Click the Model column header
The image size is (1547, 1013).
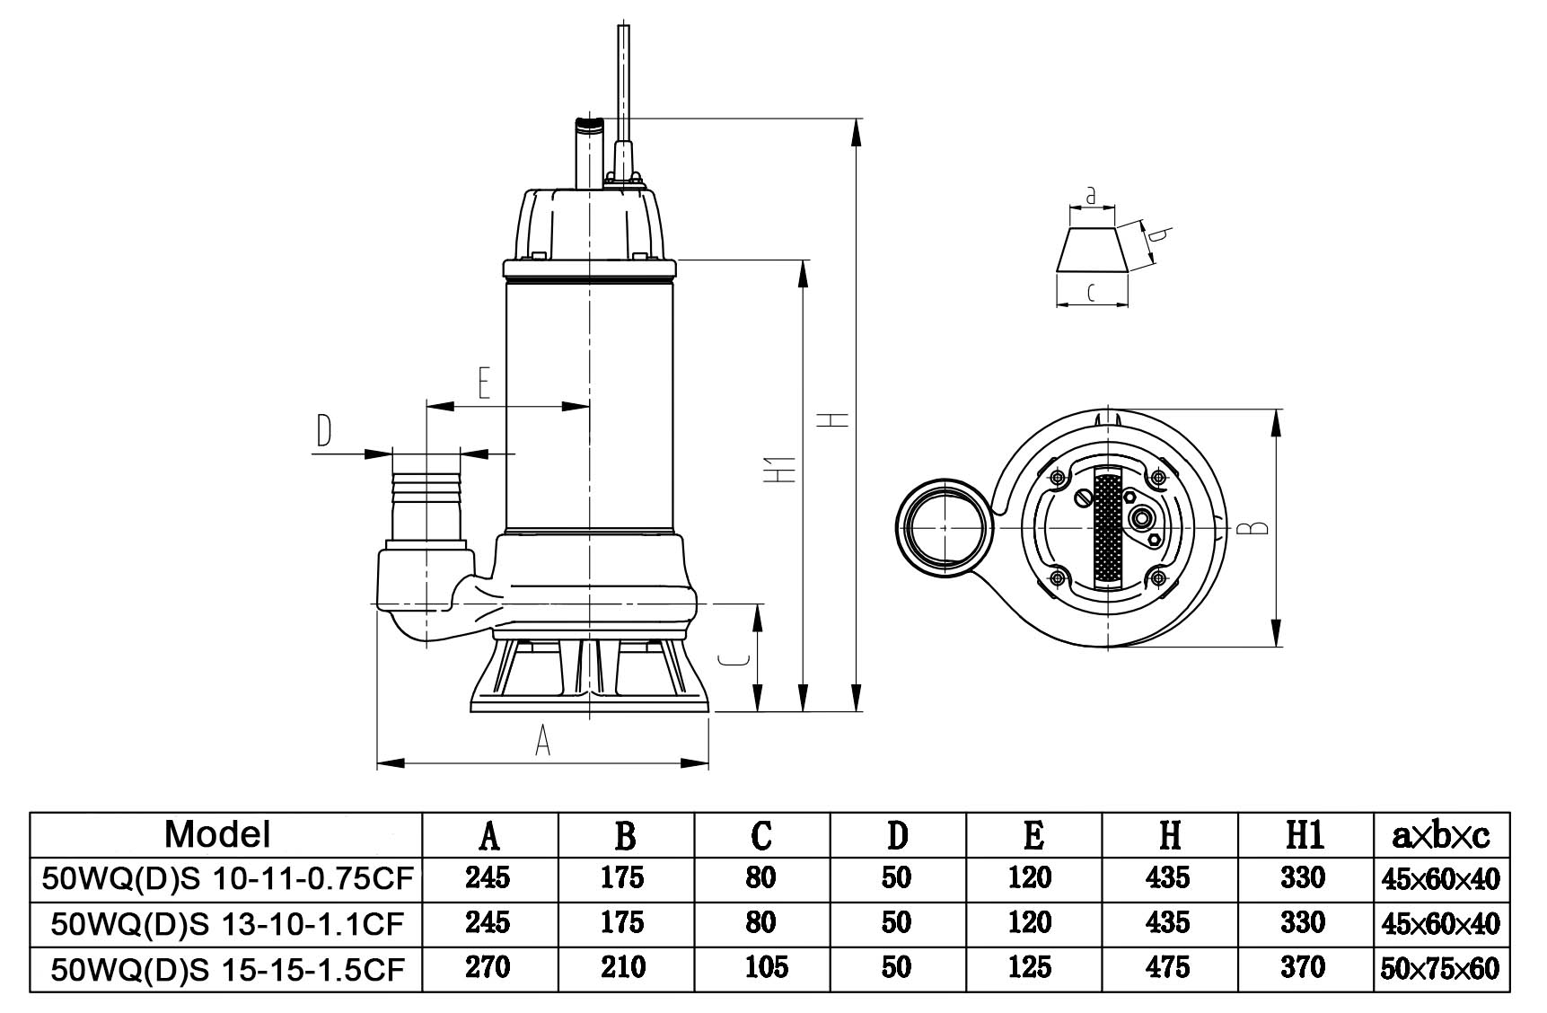click(x=216, y=834)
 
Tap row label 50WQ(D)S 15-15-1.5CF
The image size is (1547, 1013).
click(x=227, y=967)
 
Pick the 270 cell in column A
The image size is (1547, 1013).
click(x=488, y=967)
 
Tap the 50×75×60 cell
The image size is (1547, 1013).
click(x=1440, y=968)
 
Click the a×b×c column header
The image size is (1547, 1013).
click(x=1440, y=835)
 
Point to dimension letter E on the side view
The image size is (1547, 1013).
click(x=483, y=383)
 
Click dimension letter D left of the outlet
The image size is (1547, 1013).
click(x=323, y=431)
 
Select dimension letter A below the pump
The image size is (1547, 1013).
click(x=541, y=741)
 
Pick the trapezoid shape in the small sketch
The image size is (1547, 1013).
click(x=1093, y=249)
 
